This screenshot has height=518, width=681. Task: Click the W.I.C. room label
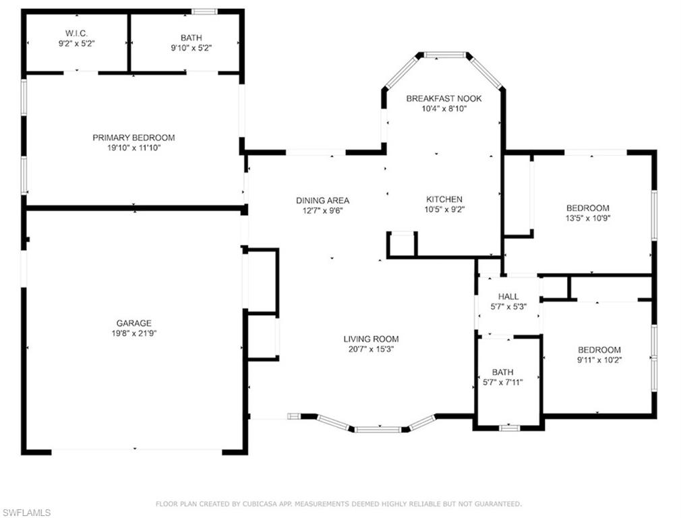point(76,33)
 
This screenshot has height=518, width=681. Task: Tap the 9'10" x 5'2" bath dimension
point(191,48)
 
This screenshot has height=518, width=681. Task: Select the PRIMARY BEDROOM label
point(134,138)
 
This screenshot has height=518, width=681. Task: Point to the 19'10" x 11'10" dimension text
point(134,148)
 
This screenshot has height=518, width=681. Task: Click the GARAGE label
point(134,323)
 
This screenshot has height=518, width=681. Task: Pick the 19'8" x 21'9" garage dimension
point(134,334)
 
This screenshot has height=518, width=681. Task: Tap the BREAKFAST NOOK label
point(444,98)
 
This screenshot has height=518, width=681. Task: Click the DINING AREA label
point(323,200)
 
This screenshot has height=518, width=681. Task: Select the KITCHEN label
point(444,200)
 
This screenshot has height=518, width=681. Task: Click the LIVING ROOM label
point(371,339)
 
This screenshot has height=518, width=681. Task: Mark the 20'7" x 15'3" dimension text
point(371,349)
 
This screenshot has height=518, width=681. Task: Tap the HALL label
point(508,296)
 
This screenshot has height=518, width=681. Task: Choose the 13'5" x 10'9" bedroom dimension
point(588,218)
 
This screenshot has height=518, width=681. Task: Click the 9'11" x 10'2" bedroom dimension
point(599,360)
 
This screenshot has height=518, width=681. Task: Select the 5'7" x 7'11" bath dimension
point(503,383)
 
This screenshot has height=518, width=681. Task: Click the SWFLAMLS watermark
point(26,513)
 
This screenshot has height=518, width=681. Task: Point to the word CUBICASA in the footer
point(272,504)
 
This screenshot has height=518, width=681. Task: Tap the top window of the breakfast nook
point(444,55)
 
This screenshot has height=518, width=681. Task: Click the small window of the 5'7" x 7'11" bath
point(510,428)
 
